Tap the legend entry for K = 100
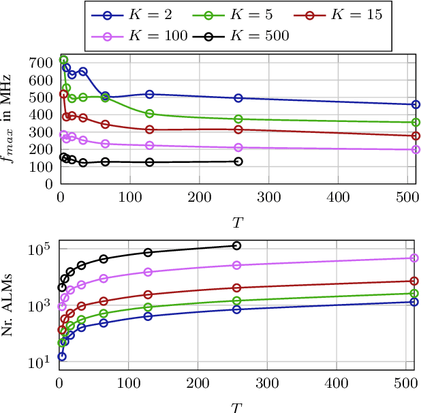point(142,35)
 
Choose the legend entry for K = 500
point(247,35)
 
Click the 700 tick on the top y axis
point(42,63)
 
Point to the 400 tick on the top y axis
point(42,114)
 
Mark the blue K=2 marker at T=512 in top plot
point(416,104)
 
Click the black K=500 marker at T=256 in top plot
point(238,162)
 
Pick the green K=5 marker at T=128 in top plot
point(149,113)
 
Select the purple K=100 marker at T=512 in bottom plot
point(416,258)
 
